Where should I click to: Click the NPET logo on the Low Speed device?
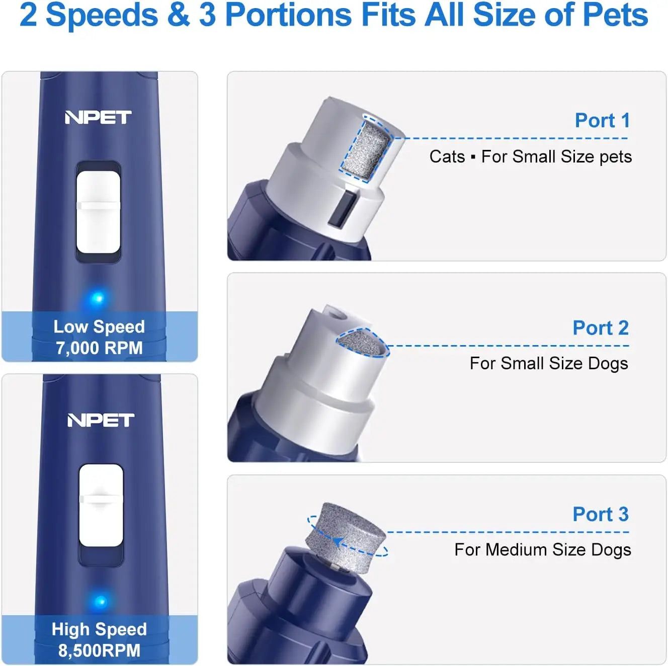click(98, 117)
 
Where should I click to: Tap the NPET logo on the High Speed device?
click(101, 420)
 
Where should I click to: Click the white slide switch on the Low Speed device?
click(98, 212)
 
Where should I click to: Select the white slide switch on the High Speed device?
click(101, 505)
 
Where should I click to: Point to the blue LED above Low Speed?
click(98, 298)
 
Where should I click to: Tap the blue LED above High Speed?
click(101, 601)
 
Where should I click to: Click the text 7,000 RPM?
click(99, 348)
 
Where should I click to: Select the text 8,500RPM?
click(99, 650)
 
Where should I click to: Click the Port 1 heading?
click(602, 121)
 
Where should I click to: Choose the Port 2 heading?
click(601, 328)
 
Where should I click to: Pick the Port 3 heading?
click(601, 514)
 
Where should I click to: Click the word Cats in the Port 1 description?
click(447, 156)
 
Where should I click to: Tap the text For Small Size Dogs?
click(549, 363)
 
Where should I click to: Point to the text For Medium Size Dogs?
click(542, 549)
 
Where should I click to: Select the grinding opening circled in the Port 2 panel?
click(362, 342)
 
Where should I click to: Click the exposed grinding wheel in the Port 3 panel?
click(345, 537)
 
